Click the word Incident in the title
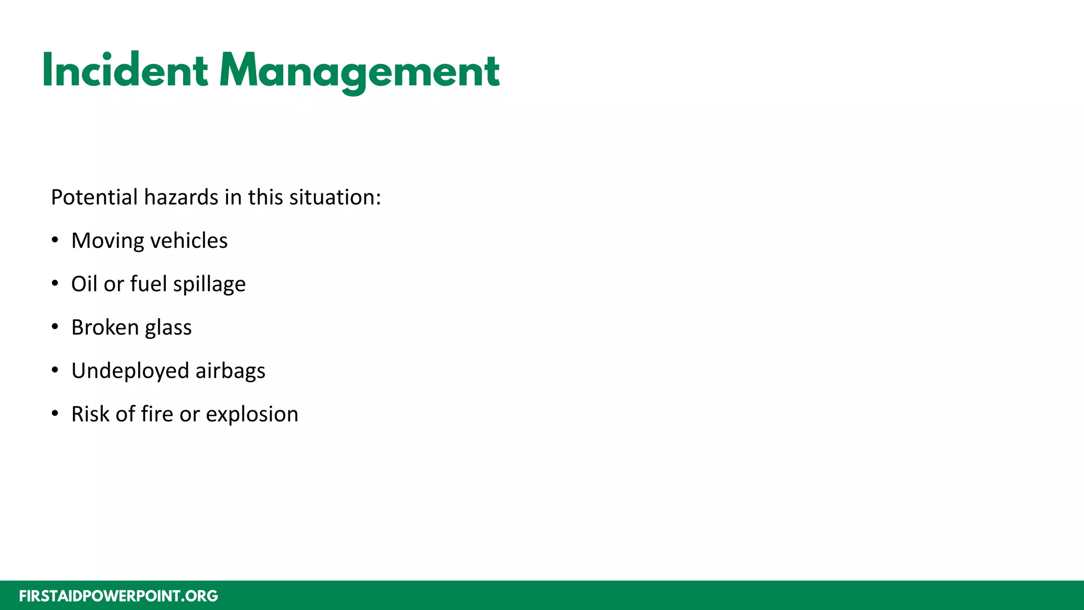pyautogui.click(x=125, y=70)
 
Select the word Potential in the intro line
pyautogui.click(x=94, y=198)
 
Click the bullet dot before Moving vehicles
pyautogui.click(x=55, y=240)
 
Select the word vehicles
pyautogui.click(x=189, y=241)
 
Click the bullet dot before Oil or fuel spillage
pyautogui.click(x=55, y=284)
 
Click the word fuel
pyautogui.click(x=148, y=284)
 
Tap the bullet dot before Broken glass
pyautogui.click(x=55, y=327)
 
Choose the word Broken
pyautogui.click(x=105, y=327)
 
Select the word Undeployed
pyautogui.click(x=130, y=371)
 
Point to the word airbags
pyautogui.click(x=230, y=371)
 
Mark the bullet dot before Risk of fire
pyautogui.click(x=55, y=414)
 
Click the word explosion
pyautogui.click(x=252, y=415)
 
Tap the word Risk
pyautogui.click(x=90, y=414)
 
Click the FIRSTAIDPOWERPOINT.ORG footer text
pyautogui.click(x=119, y=596)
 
